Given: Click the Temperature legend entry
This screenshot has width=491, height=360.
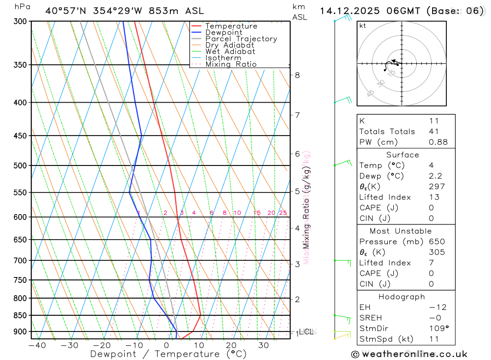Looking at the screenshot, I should pyautogui.click(x=231, y=26).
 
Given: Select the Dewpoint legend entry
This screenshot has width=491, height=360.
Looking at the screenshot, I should pyautogui.click(x=223, y=32).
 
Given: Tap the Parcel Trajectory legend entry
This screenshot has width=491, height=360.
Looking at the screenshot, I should pyautogui.click(x=241, y=39).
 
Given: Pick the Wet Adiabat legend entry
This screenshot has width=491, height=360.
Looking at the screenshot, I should pyautogui.click(x=230, y=52).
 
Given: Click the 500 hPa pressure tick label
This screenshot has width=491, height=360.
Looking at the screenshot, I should pyautogui.click(x=20, y=166).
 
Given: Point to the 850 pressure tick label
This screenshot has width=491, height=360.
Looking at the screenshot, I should pyautogui.click(x=20, y=315).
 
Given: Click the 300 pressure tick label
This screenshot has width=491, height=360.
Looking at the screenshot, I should pyautogui.click(x=20, y=22).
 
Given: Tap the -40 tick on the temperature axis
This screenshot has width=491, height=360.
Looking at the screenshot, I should pyautogui.click(x=37, y=345).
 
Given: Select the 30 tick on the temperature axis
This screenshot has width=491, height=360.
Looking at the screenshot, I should pyautogui.click(x=263, y=345).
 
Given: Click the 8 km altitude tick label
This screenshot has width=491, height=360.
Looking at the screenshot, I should pyautogui.click(x=297, y=75).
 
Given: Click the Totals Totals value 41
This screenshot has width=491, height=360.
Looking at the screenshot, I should pyautogui.click(x=434, y=131).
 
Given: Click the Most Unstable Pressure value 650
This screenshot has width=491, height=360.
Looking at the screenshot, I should pyautogui.click(x=436, y=242).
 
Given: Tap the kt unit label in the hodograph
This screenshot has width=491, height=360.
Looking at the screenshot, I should pyautogui.click(x=363, y=26).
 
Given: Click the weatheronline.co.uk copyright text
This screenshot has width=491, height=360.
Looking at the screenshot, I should pyautogui.click(x=409, y=354).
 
